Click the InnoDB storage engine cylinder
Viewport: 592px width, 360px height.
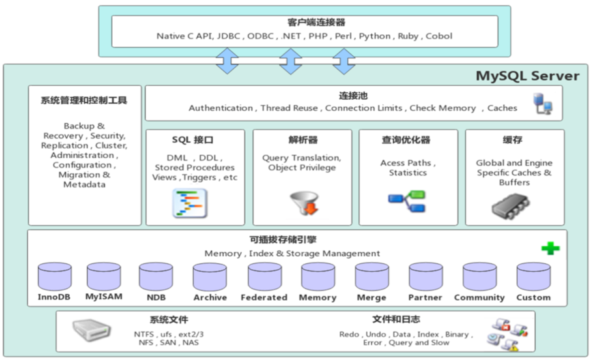pyautogui.click(x=55, y=276)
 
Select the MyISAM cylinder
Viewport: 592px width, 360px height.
pyautogui.click(x=104, y=276)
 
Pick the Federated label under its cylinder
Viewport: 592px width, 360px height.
pyautogui.click(x=264, y=298)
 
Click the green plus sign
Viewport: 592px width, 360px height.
pyautogui.click(x=550, y=248)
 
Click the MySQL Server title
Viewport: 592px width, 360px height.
pyautogui.click(x=528, y=76)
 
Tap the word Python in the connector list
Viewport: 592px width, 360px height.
pyautogui.click(x=375, y=36)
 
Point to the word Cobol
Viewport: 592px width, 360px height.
pyautogui.click(x=439, y=36)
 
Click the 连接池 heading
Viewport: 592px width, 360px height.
pyautogui.click(x=353, y=96)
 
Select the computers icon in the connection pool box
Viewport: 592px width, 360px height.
pyautogui.click(x=542, y=104)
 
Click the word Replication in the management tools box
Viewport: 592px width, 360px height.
pyautogui.click(x=64, y=146)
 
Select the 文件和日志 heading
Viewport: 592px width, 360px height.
pyautogui.click(x=396, y=320)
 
